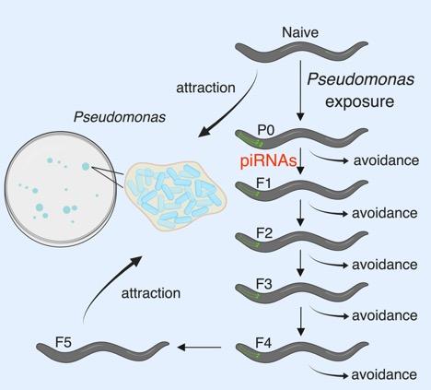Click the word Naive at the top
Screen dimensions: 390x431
(300, 33)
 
